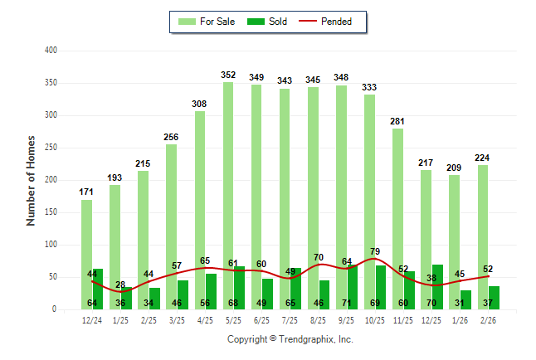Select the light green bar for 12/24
86,249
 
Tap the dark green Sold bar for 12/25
437,282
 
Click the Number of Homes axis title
31,180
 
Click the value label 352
228,75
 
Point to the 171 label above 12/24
86,192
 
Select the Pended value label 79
374,251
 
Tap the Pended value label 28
120,285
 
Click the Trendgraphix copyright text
290,339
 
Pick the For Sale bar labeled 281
397,216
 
